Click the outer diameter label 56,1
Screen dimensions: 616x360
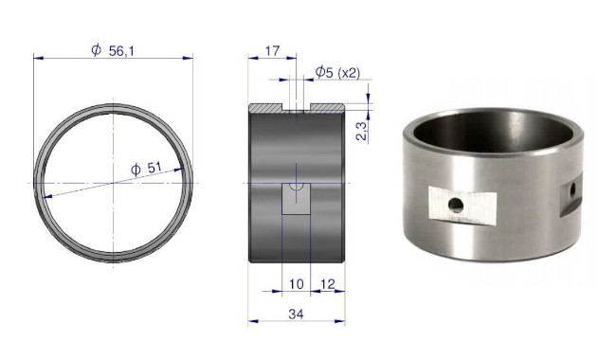121,50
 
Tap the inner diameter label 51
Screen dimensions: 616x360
154,168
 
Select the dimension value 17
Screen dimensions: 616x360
272,50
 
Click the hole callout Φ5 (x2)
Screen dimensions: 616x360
337,72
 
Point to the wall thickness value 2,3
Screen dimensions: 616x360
361,131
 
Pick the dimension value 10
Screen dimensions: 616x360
297,284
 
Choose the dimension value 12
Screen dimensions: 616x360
328,284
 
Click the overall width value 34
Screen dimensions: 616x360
296,315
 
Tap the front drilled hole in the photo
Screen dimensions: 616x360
456,205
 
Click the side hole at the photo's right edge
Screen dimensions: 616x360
572,189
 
